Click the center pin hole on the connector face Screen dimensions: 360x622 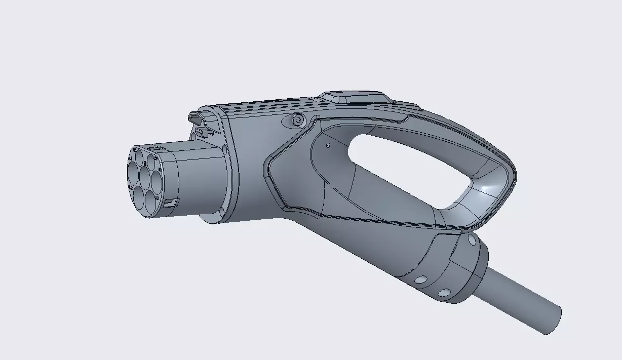[145, 178]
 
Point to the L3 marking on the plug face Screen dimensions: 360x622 [157, 198]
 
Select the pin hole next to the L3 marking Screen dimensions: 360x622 [150, 202]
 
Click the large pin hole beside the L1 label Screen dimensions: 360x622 [133, 173]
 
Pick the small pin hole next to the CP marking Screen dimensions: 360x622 [150, 163]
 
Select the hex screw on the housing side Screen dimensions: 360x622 [298, 120]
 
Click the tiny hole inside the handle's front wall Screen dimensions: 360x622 [328, 145]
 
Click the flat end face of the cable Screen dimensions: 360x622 [552, 319]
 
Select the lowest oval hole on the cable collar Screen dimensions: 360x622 [444, 293]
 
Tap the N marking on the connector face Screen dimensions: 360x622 [160, 170]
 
